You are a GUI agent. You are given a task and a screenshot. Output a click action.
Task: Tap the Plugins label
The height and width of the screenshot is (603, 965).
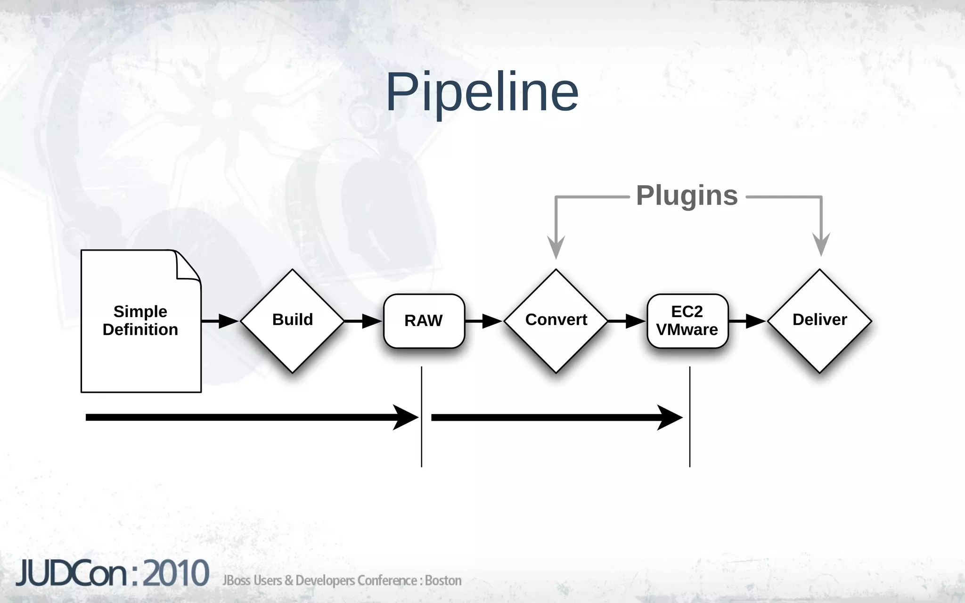[687, 195]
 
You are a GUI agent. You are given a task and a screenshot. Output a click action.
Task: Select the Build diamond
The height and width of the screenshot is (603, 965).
[292, 320]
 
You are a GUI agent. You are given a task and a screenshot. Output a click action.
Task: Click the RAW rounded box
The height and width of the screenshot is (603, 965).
[424, 321]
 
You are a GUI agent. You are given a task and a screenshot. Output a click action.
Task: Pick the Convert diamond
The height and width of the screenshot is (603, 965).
[556, 320]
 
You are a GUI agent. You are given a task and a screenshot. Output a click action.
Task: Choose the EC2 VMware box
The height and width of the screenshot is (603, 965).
[687, 321]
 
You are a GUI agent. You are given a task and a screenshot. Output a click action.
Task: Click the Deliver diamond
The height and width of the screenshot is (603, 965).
[819, 320]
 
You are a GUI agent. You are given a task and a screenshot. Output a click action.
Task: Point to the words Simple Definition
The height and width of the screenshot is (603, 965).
[140, 320]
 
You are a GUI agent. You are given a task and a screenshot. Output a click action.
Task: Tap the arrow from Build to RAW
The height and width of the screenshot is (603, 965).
[363, 321]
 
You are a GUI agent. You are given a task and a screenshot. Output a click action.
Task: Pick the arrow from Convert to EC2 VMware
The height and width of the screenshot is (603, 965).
[627, 321]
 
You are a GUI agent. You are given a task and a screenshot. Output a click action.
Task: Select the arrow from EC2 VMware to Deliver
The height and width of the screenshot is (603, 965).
[748, 321]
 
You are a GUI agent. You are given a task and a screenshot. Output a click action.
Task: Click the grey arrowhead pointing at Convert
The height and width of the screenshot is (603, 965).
[556, 247]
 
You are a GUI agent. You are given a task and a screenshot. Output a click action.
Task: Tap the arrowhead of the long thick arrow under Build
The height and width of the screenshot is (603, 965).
[405, 417]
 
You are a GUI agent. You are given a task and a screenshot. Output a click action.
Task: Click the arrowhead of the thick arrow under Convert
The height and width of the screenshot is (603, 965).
[669, 417]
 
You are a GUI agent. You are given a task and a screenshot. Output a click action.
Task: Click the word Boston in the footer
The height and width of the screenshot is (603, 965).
[443, 580]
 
